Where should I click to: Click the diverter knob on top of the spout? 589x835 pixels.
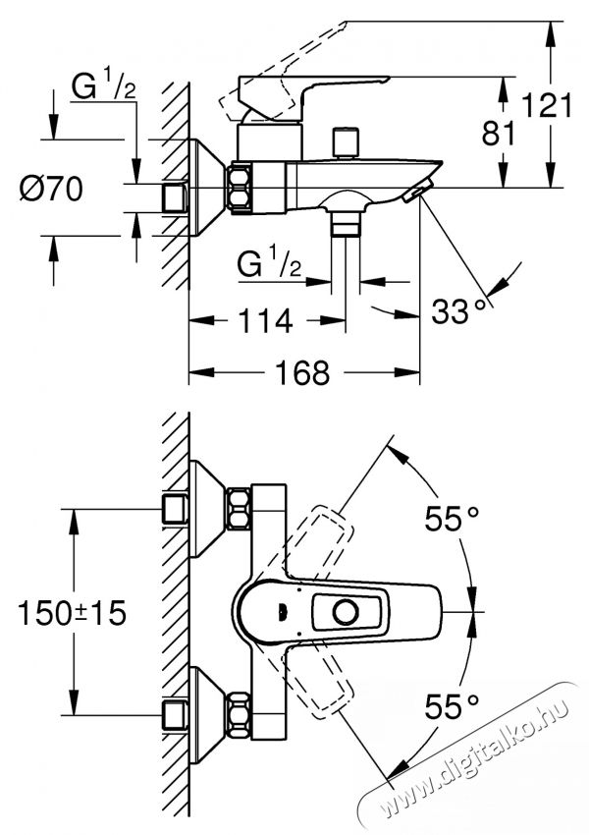pyautogui.click(x=344, y=141)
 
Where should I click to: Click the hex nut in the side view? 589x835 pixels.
pyautogui.click(x=240, y=187)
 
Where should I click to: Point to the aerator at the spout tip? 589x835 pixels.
pyautogui.click(x=417, y=193)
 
